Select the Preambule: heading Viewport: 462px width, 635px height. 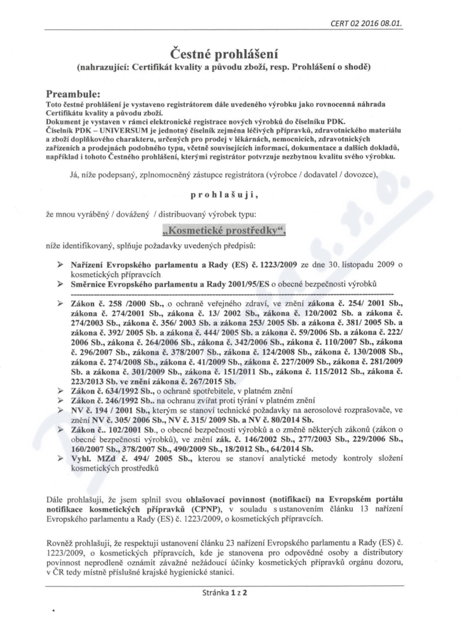coord(76,92)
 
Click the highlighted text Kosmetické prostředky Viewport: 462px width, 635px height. coord(224,230)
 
